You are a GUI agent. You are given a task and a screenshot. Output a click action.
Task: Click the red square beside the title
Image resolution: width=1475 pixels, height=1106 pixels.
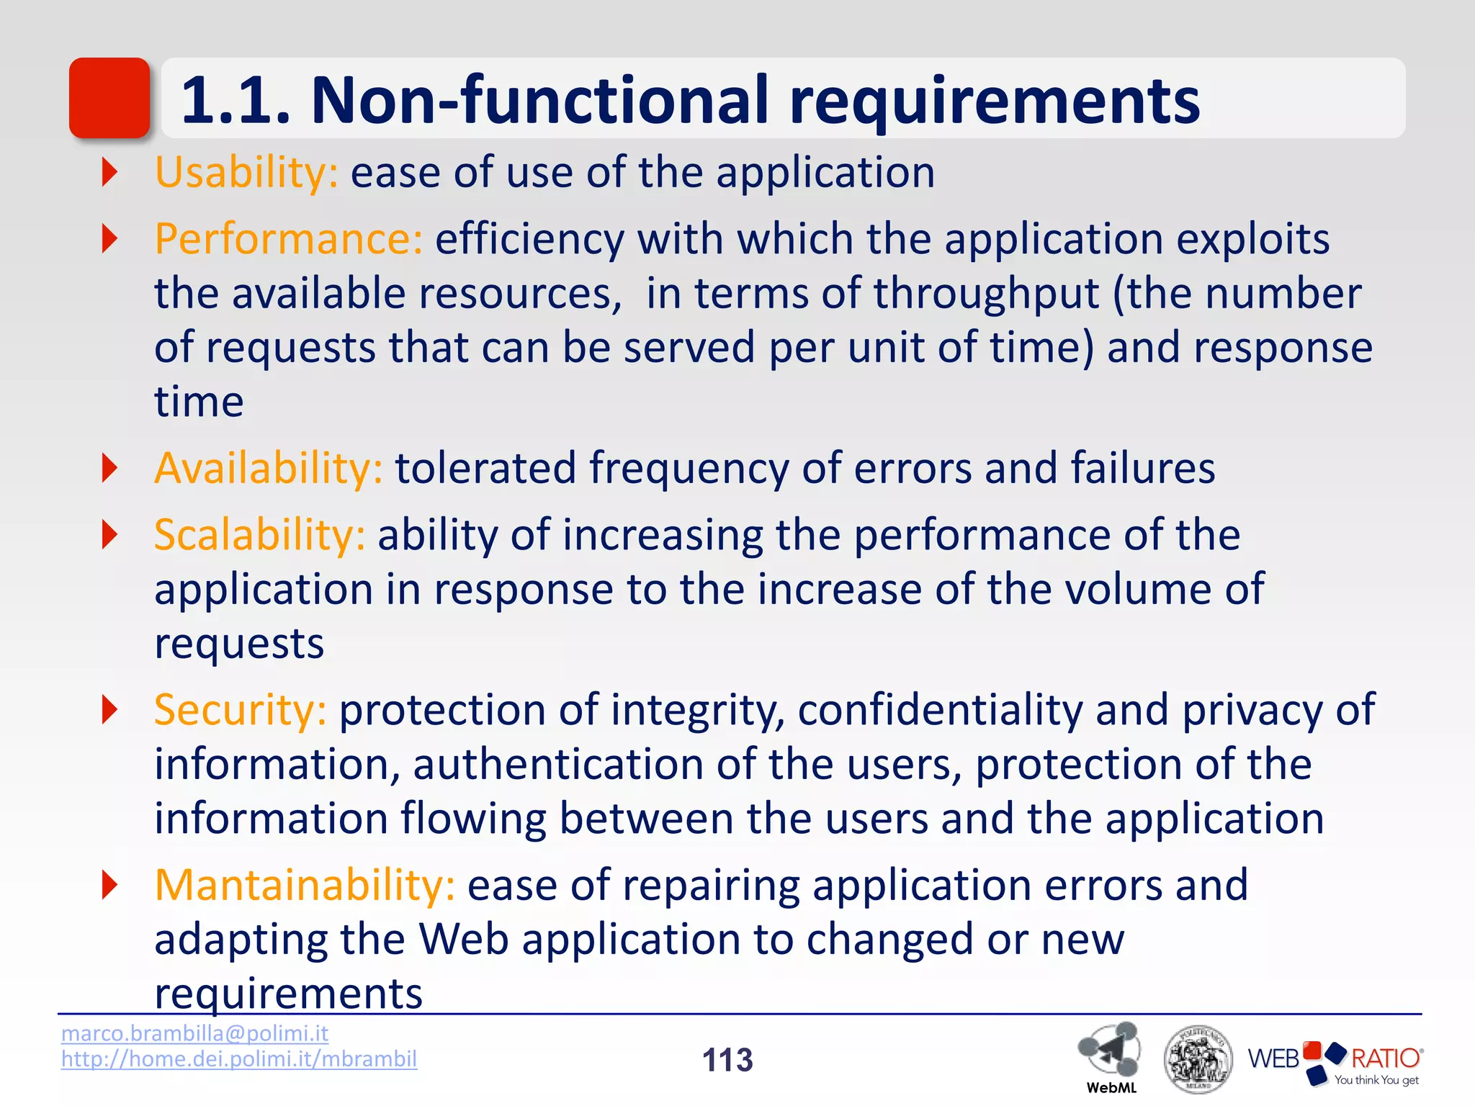(x=109, y=98)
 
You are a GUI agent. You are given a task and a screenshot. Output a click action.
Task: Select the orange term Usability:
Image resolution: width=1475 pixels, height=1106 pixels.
(x=246, y=173)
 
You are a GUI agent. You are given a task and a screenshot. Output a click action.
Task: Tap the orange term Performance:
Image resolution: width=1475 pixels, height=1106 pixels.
(x=288, y=239)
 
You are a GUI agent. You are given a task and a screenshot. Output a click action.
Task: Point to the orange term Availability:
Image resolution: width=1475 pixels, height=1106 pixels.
(x=268, y=468)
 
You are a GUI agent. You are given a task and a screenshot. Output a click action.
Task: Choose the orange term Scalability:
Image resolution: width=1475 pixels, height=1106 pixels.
(x=259, y=535)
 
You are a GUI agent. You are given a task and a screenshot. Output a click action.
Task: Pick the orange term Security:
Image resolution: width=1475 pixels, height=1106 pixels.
(x=241, y=710)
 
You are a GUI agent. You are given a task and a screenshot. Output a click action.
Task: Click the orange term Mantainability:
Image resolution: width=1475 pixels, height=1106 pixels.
(x=304, y=885)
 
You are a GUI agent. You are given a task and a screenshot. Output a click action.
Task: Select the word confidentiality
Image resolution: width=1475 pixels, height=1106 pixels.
(x=940, y=710)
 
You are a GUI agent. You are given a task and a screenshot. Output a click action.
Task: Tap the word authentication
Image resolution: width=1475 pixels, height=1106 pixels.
(x=557, y=764)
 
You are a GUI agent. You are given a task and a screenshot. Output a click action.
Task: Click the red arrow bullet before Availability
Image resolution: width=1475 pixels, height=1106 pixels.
(x=109, y=468)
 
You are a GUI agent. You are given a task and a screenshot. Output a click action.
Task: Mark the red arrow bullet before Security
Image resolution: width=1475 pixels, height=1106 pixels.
(x=109, y=710)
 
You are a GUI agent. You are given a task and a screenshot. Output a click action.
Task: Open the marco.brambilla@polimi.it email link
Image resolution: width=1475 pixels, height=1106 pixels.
(x=194, y=1033)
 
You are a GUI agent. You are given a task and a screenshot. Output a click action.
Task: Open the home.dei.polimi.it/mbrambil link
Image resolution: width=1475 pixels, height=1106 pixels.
(x=239, y=1059)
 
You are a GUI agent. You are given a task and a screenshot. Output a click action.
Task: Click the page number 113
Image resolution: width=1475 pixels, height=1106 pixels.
(x=727, y=1060)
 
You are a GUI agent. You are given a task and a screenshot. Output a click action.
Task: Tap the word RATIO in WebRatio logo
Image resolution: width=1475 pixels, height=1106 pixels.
(x=1384, y=1058)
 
